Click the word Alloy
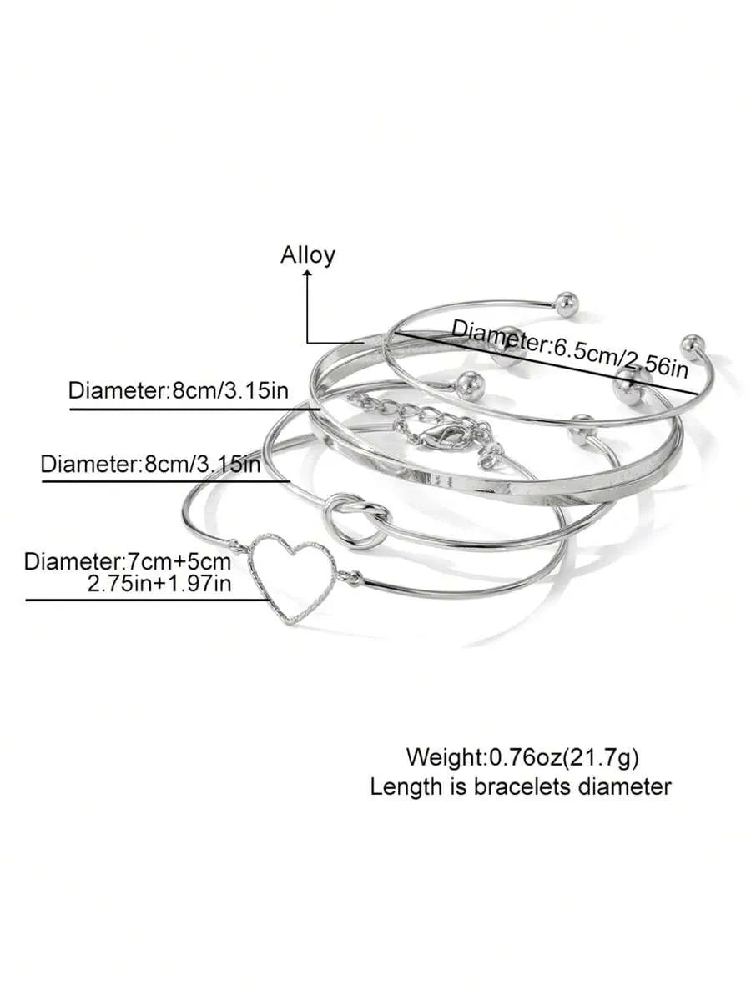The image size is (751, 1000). tap(308, 255)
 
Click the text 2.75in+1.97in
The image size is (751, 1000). tap(159, 583)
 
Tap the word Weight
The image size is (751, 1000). tap(444, 757)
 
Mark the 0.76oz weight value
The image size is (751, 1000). tap(525, 757)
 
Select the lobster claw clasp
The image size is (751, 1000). tap(443, 436)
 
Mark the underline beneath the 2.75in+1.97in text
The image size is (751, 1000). tap(147, 600)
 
